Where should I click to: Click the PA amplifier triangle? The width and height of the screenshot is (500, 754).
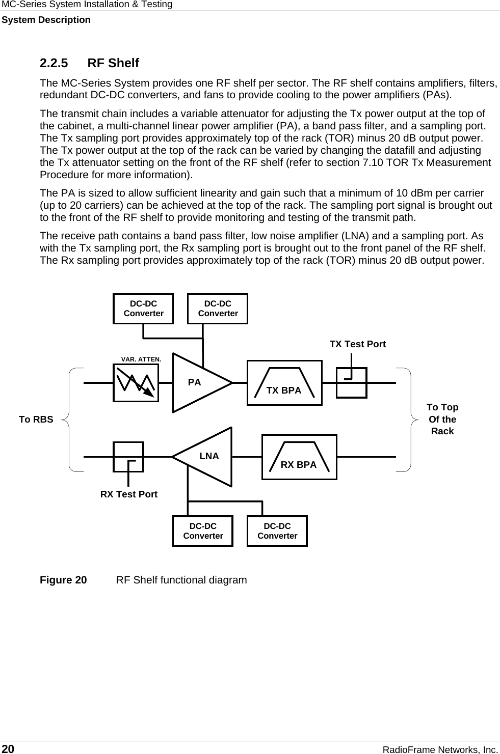click(x=199, y=382)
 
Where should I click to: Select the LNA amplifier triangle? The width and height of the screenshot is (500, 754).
click(x=206, y=457)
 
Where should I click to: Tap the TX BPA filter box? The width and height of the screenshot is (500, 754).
click(x=284, y=383)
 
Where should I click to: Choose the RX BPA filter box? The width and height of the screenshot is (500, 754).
click(x=299, y=457)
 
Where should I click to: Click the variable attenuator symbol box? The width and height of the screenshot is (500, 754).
click(x=136, y=382)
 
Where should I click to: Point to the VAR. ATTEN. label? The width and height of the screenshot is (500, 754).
click(x=141, y=359)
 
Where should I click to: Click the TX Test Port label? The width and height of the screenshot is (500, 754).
click(x=357, y=344)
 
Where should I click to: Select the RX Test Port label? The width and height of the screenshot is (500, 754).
click(x=129, y=494)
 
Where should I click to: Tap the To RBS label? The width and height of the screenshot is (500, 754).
click(x=36, y=420)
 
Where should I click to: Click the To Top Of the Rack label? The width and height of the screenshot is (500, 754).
click(x=442, y=419)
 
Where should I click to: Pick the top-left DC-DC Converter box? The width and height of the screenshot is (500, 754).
click(x=143, y=309)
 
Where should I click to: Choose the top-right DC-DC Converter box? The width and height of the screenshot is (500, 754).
click(x=218, y=309)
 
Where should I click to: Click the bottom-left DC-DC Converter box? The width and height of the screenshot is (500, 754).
click(x=203, y=531)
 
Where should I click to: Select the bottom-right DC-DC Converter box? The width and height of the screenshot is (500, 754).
click(x=277, y=531)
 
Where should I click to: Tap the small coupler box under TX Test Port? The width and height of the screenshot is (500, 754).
click(x=351, y=383)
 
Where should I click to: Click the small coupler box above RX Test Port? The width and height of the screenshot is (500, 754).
click(x=128, y=457)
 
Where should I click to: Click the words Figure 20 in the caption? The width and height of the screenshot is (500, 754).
click(x=63, y=580)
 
